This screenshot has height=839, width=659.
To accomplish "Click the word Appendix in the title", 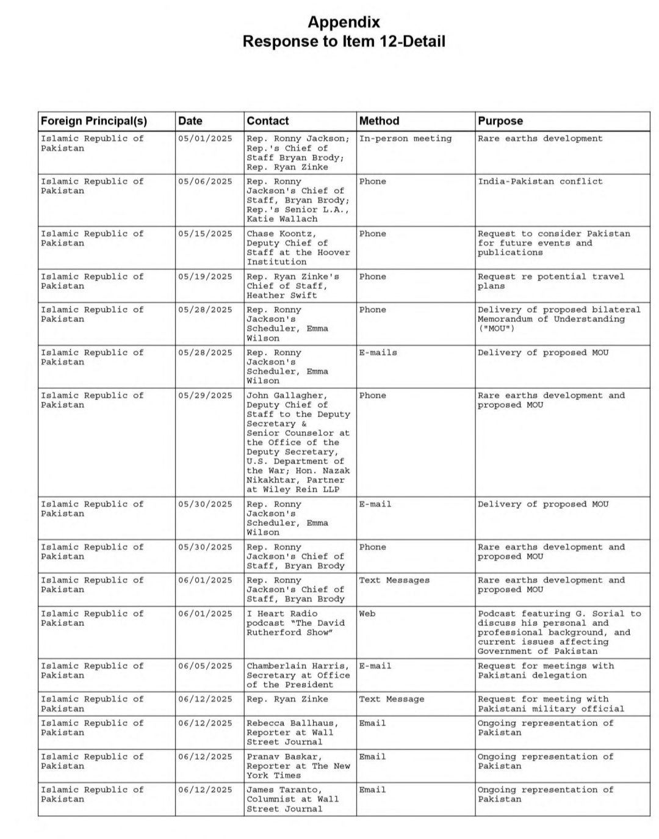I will point(344,23).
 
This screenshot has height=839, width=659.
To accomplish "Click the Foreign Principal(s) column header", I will point(94,121).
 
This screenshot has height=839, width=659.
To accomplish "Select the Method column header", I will point(379,121).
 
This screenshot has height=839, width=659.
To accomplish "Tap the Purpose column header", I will point(500,121).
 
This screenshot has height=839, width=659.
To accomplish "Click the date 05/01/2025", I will point(205,139).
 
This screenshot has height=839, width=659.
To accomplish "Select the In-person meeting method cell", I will point(405,139).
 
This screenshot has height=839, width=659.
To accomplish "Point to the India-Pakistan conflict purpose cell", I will point(539,181).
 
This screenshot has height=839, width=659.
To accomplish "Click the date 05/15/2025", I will point(205,234).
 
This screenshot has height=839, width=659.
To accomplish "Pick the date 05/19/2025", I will point(205,277).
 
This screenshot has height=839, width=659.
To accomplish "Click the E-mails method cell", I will point(378,352).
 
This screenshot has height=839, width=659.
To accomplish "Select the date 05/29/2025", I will point(205,396).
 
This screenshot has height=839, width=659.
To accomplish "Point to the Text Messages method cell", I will point(394,580).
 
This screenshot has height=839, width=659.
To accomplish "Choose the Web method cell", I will point(367,614).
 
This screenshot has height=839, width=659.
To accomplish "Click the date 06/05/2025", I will point(205,666).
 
